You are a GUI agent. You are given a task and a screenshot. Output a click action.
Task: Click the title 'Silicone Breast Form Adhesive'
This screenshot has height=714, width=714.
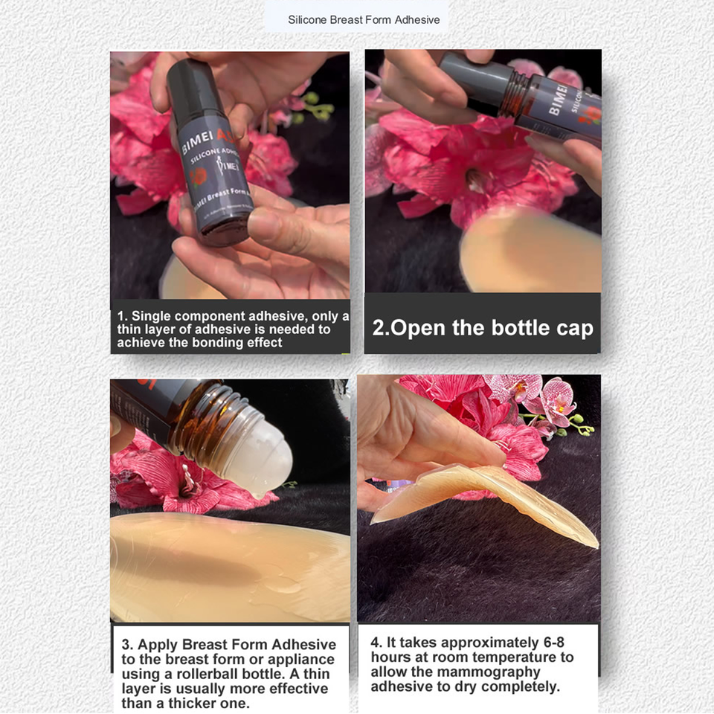[x=364, y=19]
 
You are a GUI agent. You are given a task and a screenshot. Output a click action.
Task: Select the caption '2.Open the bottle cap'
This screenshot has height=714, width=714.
[x=483, y=328]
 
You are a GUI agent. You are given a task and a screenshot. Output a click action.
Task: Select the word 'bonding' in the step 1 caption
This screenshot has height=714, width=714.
[x=216, y=342]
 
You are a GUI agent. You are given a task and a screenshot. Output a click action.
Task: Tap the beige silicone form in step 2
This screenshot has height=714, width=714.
[x=528, y=253]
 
